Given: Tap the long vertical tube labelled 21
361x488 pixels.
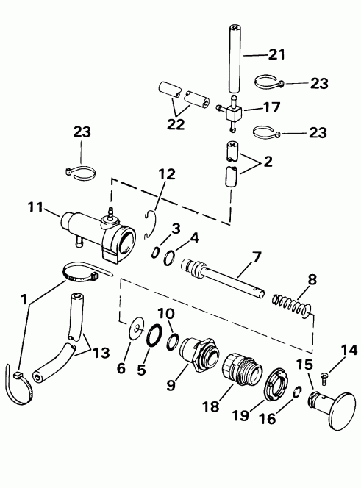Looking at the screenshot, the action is point(236,59).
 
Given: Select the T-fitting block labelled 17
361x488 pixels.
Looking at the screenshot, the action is point(234,114).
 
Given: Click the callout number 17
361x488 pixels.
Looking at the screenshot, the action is point(271,107).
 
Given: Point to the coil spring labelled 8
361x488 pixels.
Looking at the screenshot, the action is point(291,306).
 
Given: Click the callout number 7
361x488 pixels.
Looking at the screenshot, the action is point(256,258).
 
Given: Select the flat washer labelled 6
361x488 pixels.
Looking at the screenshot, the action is point(137,329).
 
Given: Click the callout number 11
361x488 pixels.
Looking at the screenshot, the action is point(35,207).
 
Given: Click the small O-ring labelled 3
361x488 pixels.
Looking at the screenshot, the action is point(156,252).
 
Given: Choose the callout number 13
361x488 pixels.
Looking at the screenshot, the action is point(101,354).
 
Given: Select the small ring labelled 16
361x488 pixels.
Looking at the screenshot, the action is point(297,392).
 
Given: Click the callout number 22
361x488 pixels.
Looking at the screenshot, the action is point(176,124).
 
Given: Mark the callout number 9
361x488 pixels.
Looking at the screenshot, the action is point(171,384).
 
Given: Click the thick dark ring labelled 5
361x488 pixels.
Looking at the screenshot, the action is point(154,335).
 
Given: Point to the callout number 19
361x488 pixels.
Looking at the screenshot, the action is point(240,415).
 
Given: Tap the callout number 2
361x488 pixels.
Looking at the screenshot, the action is point(268,162).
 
